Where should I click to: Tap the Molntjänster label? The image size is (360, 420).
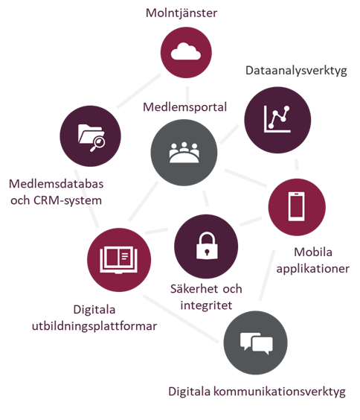pos(181,13)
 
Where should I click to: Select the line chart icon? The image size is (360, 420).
pos(277,119)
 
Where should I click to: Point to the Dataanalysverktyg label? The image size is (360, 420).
pos(296,71)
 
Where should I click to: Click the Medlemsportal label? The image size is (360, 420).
pos(184,107)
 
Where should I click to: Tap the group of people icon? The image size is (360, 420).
pos(184,153)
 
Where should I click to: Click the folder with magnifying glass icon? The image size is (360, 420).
pos(91,138)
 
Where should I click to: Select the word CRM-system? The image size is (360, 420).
pos(68,200)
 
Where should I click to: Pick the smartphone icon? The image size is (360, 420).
pos(296,206)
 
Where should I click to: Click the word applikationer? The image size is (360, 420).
pos(312,269)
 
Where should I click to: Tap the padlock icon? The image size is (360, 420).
pos(207,246)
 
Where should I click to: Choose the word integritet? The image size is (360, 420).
pos(206,305)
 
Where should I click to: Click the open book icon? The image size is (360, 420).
pos(119,260)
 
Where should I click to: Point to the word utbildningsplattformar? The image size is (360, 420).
pos(94,326)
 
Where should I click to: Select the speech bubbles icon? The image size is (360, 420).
pos(256,343)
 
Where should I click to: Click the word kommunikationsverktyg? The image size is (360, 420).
pos(280,392)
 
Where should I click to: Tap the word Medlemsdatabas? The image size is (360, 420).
pos(57,184)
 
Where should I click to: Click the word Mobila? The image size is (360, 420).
pos(313,252)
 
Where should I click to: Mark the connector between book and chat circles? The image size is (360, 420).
pos(181,319)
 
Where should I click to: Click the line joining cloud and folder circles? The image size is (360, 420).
pos(138,91)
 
